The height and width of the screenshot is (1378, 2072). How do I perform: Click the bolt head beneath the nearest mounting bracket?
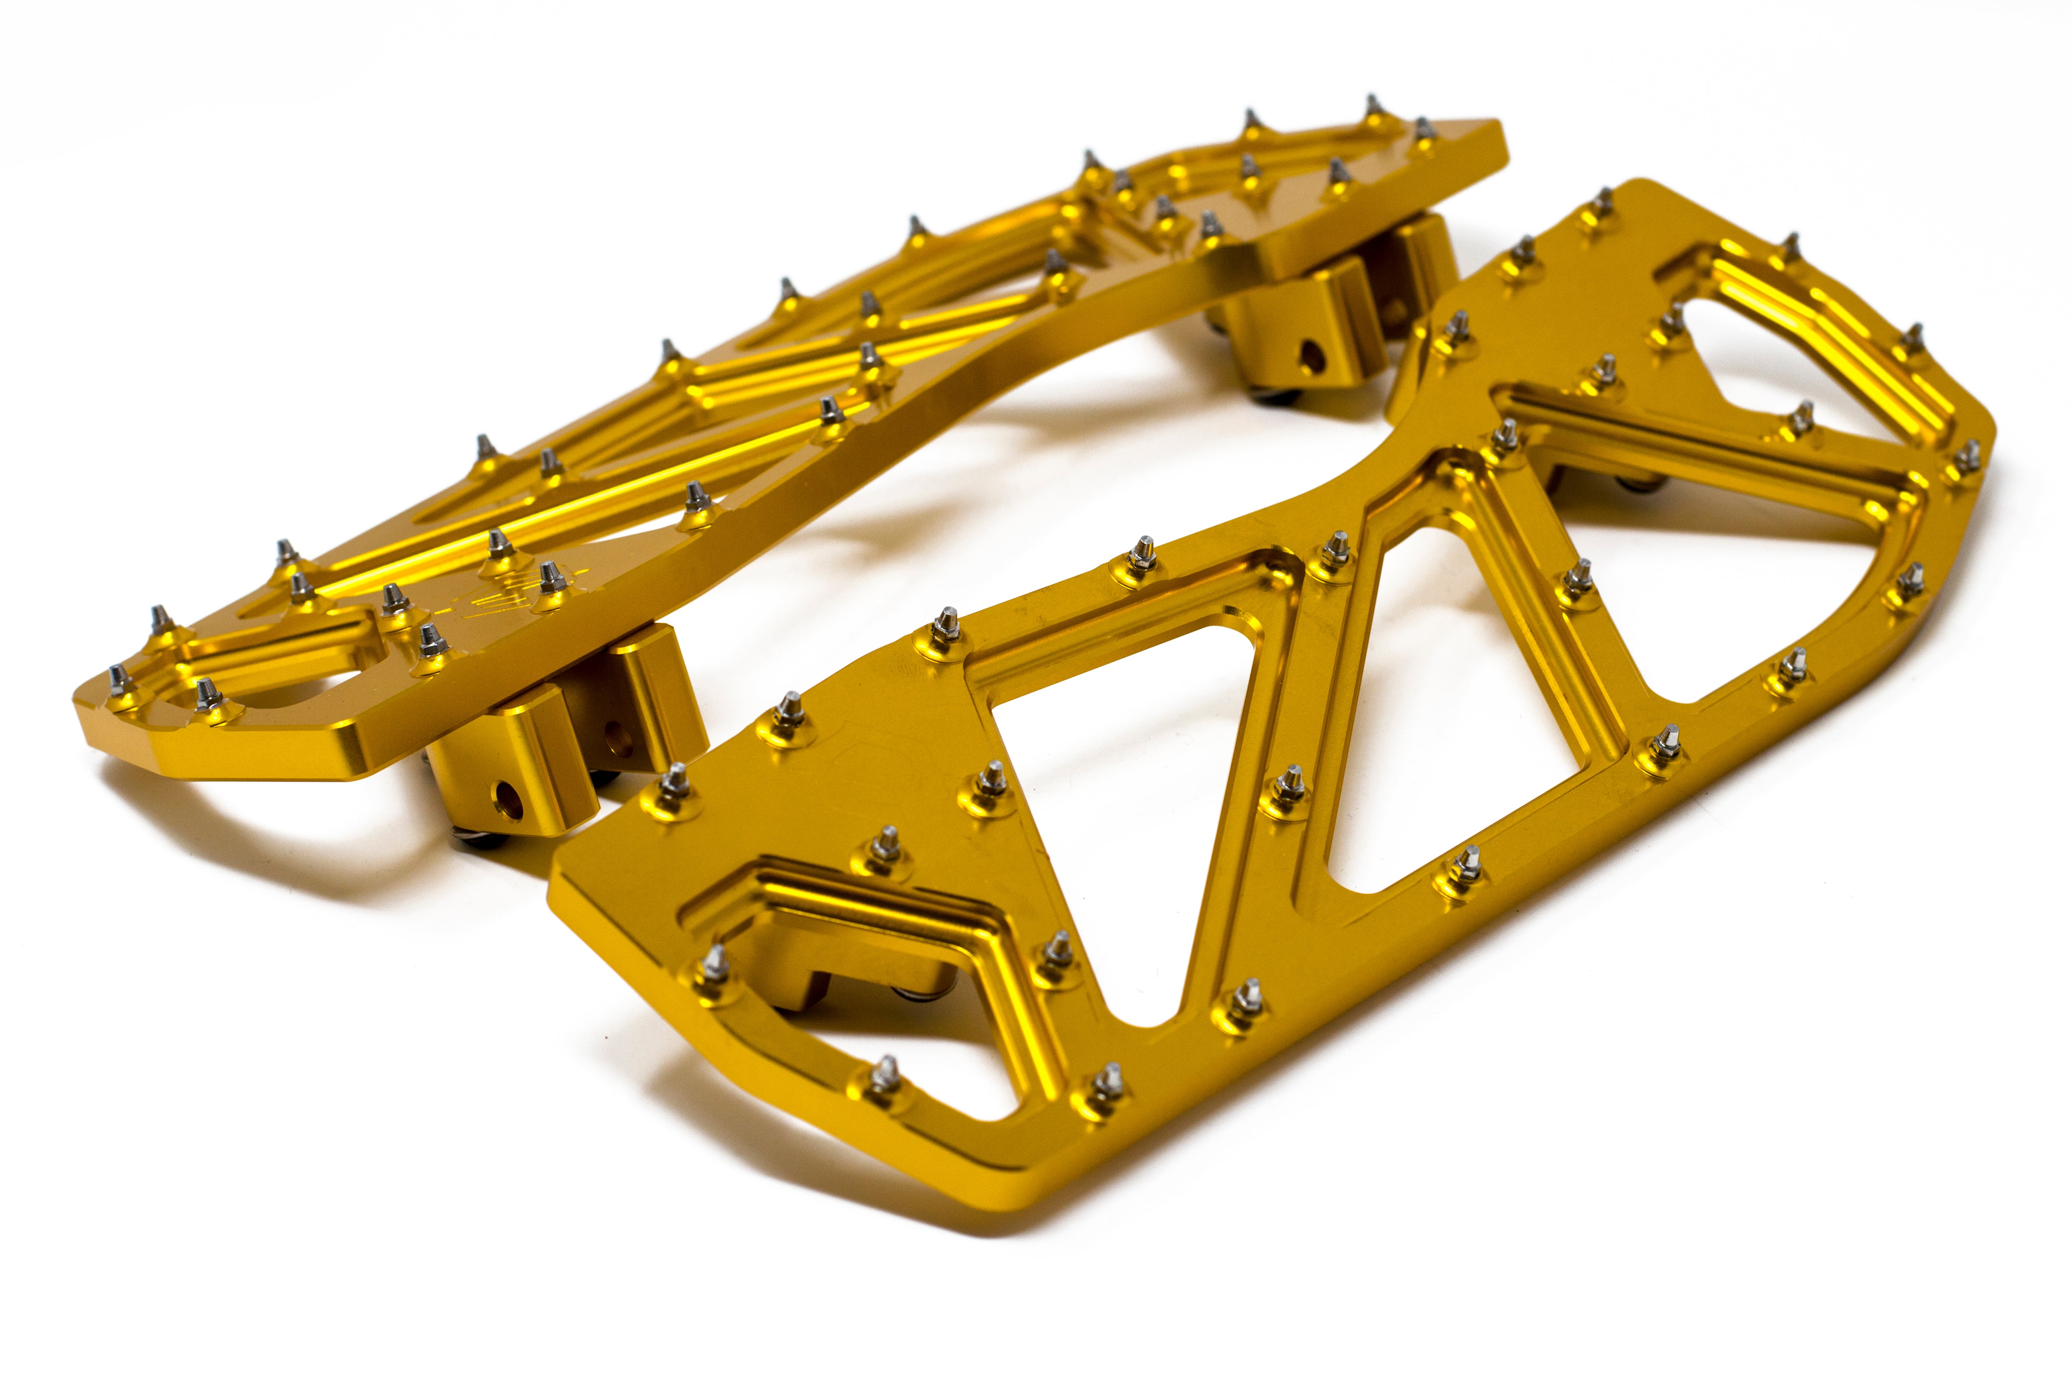click(x=479, y=839)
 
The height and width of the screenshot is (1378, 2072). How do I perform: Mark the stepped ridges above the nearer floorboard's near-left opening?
click(x=870, y=905)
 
